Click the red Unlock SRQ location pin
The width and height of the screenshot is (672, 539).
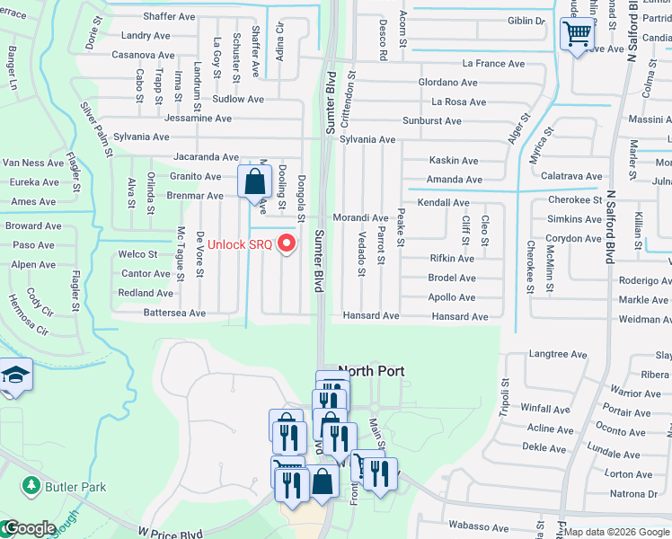(287, 243)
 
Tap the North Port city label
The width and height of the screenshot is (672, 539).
(371, 371)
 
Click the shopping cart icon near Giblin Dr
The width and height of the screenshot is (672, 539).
(576, 35)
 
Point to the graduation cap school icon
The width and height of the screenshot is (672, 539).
(15, 374)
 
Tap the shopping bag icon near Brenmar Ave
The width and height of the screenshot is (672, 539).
(255, 181)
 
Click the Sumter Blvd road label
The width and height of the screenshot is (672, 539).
(318, 261)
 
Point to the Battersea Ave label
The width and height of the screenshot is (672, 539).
(174, 314)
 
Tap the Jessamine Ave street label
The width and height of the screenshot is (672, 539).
(198, 118)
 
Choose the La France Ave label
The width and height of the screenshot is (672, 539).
(493, 64)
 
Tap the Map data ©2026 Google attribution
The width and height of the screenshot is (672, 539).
(617, 532)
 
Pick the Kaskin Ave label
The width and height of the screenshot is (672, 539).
(454, 160)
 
